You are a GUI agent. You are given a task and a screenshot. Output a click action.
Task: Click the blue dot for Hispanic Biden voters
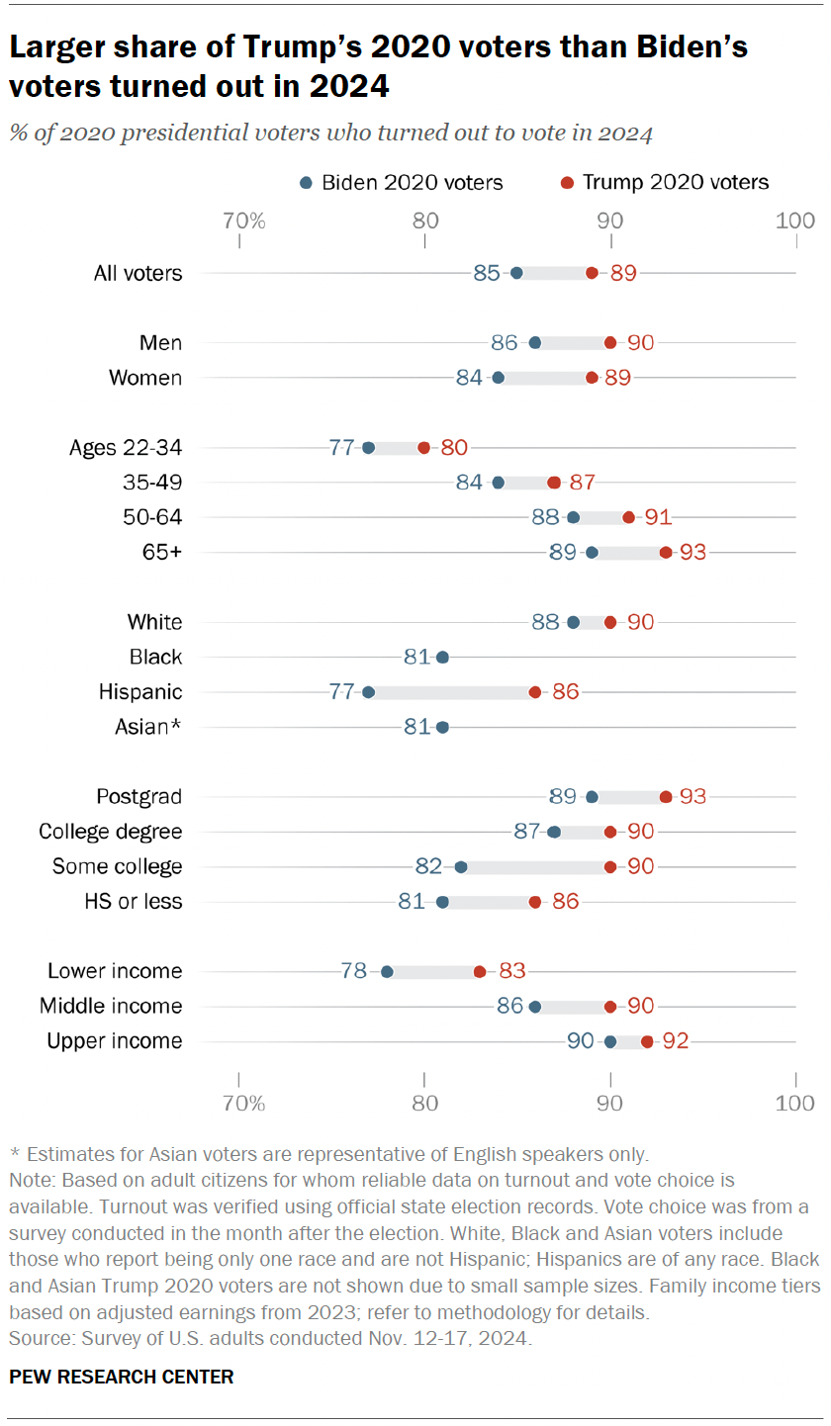coord(368,692)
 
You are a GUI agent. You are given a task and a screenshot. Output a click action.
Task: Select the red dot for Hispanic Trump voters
coord(535,692)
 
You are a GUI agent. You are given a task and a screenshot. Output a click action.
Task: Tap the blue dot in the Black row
coord(442,658)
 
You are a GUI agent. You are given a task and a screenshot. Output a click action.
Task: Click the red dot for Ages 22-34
coord(424,448)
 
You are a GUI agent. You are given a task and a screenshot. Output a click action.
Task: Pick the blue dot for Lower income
coord(387,972)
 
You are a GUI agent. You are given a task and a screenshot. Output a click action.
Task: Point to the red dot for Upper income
coord(647,1041)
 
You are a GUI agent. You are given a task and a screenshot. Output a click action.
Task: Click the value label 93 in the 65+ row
coord(692,553)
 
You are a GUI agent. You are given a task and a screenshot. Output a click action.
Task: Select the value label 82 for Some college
coord(428,867)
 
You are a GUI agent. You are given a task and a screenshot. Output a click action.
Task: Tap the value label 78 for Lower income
coord(353,972)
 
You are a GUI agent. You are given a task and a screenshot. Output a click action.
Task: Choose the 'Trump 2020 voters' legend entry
coord(664,182)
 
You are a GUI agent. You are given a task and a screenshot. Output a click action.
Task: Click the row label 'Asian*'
coord(148,728)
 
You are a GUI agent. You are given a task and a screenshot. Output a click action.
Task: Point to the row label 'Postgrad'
coord(139,797)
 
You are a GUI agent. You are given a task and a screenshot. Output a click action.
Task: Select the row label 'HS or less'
coord(133,902)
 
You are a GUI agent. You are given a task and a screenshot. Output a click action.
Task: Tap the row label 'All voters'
coord(138,273)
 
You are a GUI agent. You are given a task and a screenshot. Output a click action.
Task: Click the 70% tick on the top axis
coord(243,221)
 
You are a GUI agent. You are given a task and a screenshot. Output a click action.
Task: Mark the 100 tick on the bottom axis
coord(795,1103)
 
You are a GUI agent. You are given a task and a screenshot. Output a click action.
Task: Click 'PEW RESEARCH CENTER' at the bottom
coord(122,1377)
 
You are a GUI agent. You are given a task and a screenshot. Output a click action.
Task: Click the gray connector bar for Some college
coord(535,867)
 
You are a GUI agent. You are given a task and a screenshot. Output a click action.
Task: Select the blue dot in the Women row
coord(498,378)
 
